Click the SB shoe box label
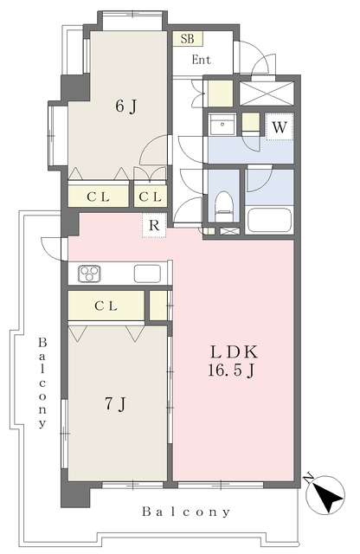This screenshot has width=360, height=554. (x=188, y=38)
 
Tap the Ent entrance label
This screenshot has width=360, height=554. (x=202, y=60)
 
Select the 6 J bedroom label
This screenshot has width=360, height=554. (x=126, y=106)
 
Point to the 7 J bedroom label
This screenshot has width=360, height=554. (x=116, y=404)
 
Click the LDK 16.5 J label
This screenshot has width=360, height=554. (x=233, y=361)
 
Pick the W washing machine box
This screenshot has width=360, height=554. (x=280, y=126)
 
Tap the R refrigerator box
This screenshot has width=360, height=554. (x=154, y=225)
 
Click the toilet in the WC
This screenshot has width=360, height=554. (x=223, y=207)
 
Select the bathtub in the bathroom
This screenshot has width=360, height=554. (x=269, y=220)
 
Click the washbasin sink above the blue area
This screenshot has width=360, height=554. (x=222, y=124)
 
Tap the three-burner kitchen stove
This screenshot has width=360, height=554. (x=89, y=274)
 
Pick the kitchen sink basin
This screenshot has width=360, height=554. (x=147, y=274)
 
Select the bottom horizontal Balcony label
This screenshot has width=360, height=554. (x=186, y=512)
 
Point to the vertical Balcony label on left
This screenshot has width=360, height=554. (x=42, y=383)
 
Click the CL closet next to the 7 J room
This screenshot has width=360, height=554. (x=106, y=306)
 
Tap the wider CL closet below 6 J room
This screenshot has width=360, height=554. (x=98, y=196)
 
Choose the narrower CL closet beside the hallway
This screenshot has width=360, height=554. (x=151, y=196)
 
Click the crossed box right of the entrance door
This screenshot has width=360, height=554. (x=267, y=93)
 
